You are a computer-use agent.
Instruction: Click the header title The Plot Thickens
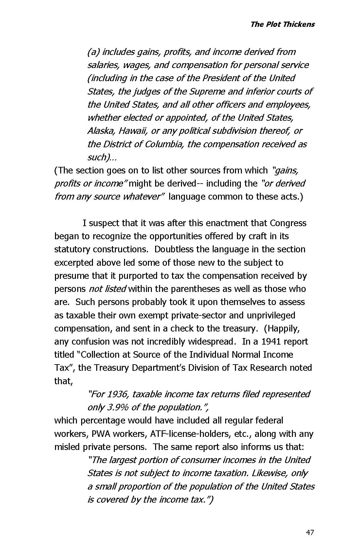coord(282,24)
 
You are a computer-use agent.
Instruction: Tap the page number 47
coord(310,532)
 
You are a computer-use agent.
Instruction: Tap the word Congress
coord(288,223)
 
